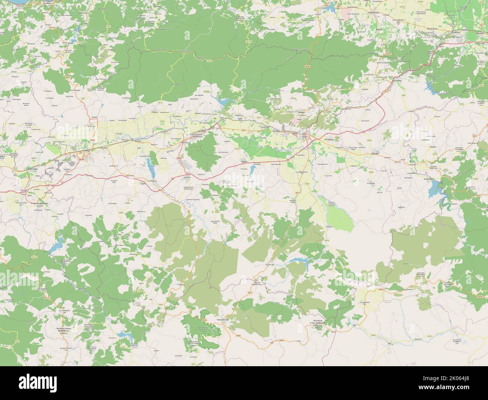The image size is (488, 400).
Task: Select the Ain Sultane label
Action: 328,139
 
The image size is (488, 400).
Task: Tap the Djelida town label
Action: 245,162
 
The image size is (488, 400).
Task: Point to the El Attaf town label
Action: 86,151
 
